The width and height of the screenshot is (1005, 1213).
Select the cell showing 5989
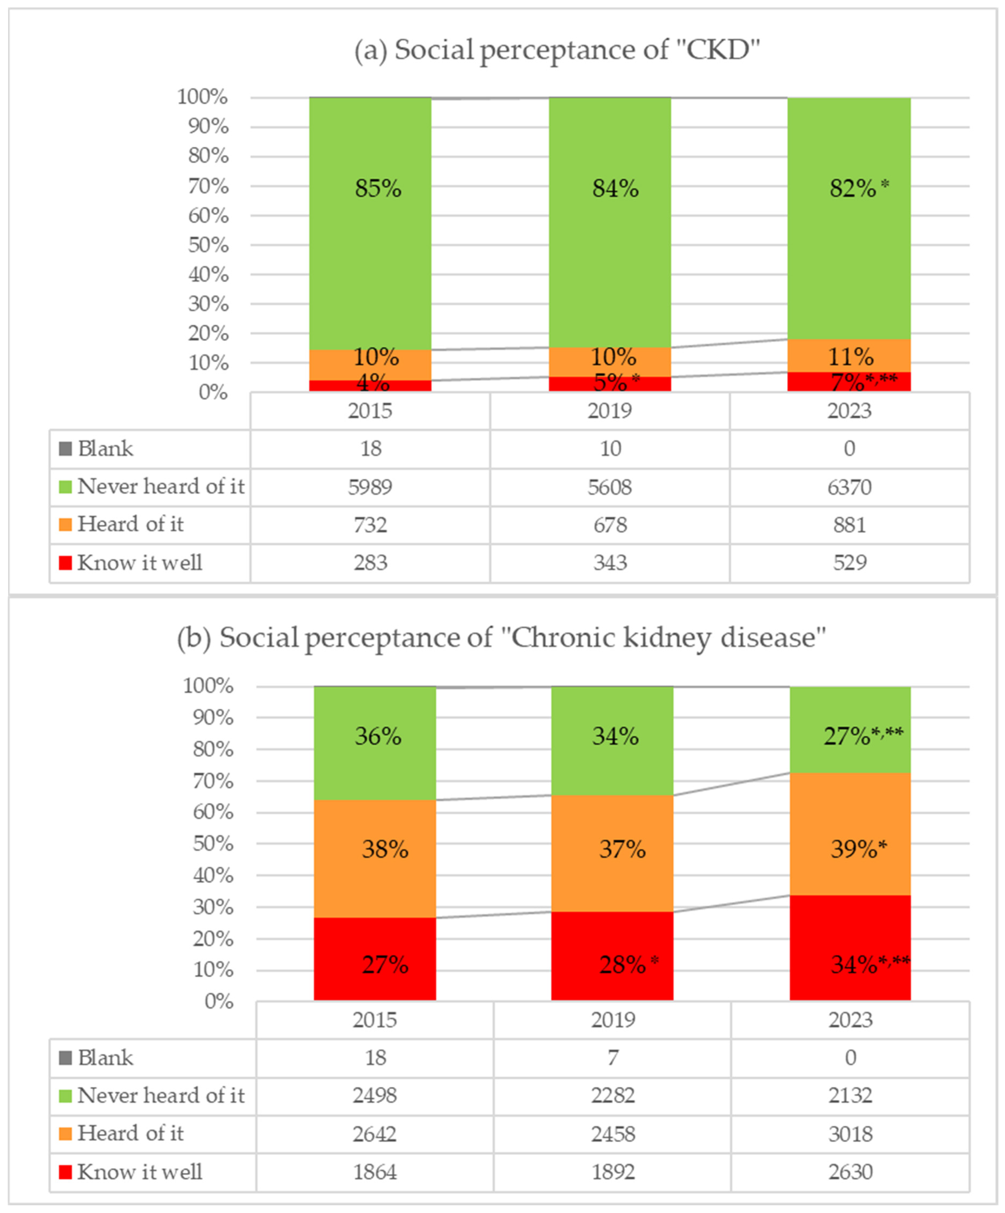pyautogui.click(x=370, y=487)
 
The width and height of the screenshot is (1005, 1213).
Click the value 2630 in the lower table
pyautogui.click(x=850, y=1172)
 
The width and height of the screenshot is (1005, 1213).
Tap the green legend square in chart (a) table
pyautogui.click(x=65, y=487)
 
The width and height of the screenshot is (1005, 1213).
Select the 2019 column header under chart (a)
pyautogui.click(x=610, y=411)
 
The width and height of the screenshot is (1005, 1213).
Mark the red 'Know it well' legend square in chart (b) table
pyautogui.click(x=65, y=1172)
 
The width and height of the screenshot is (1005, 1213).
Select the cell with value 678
pyautogui.click(x=610, y=525)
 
